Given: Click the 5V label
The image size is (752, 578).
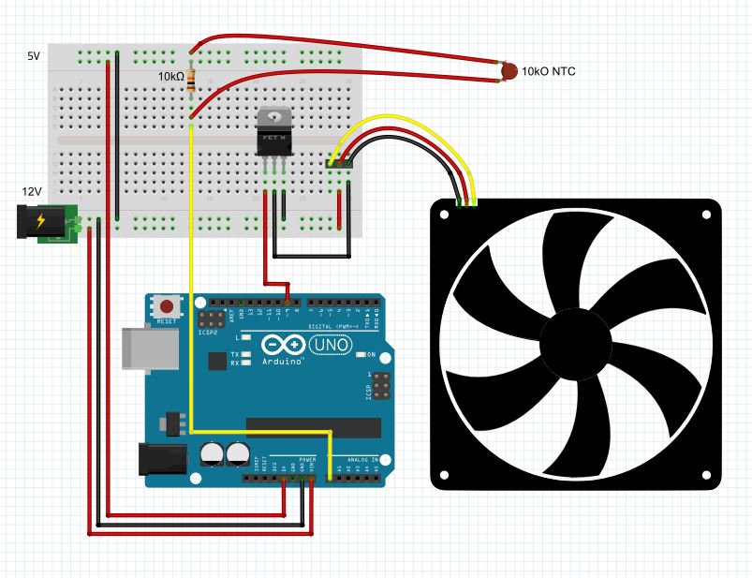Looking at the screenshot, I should click(34, 56).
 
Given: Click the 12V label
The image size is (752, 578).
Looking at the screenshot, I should click(32, 191).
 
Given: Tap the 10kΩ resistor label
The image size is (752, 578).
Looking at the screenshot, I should click(170, 75).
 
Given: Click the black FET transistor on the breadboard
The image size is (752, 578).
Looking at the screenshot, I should click(273, 133).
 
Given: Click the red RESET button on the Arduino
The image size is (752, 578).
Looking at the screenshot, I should click(168, 306).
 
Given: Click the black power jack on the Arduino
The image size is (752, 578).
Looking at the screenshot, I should click(158, 457).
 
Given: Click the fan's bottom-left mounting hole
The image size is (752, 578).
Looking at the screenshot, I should click(445, 474).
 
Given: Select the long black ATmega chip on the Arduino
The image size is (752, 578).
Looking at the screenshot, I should click(313, 427).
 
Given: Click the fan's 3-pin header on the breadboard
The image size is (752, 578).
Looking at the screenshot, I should click(339, 164).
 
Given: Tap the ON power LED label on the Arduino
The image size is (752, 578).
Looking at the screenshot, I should click(372, 355).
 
